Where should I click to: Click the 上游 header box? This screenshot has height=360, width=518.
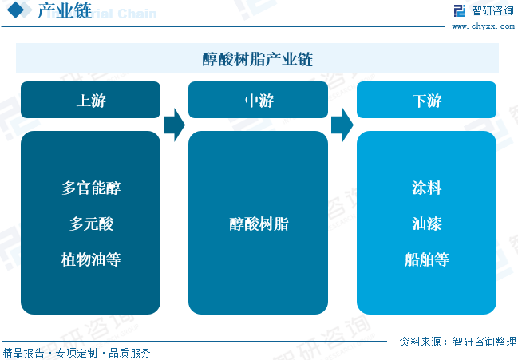click(x=90, y=100)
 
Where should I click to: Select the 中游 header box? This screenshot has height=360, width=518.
click(x=258, y=100)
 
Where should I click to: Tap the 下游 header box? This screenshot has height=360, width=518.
click(x=426, y=100)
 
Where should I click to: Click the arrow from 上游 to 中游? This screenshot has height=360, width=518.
click(x=175, y=125)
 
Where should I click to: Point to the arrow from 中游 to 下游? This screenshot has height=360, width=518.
click(x=342, y=125)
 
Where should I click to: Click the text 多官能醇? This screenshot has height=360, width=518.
click(x=91, y=188)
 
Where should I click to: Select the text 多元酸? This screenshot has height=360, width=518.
click(x=91, y=224)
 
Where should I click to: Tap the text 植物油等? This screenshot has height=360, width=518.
click(x=91, y=259)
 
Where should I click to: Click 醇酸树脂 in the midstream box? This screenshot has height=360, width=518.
click(x=259, y=224)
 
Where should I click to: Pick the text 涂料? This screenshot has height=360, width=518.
click(x=426, y=188)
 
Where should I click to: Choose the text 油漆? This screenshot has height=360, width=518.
click(x=426, y=224)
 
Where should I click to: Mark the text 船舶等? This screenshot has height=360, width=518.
click(x=426, y=259)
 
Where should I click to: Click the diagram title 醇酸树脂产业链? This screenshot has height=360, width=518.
click(x=258, y=59)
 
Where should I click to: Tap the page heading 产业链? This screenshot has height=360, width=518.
click(x=65, y=10)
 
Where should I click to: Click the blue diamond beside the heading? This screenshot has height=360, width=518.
click(x=15, y=10)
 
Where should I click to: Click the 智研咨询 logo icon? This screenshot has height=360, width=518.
click(x=460, y=10)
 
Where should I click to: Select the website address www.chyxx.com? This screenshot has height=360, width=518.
click(x=484, y=26)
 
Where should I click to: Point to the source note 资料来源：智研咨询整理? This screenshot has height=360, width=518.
click(x=457, y=342)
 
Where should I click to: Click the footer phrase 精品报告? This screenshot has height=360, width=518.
click(x=23, y=353)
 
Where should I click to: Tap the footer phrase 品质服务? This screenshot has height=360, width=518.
click(x=129, y=353)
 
